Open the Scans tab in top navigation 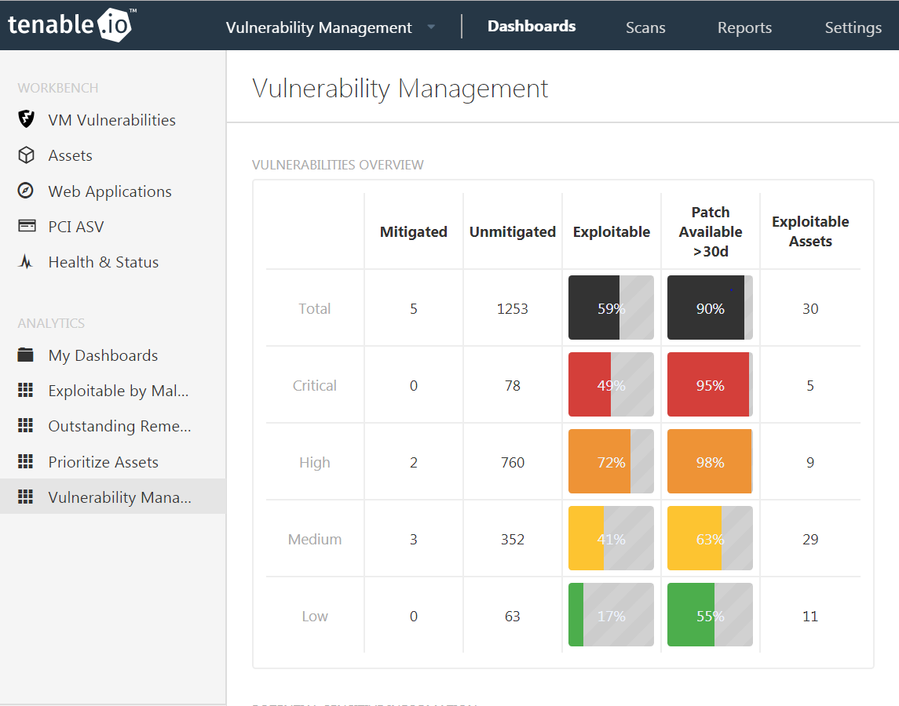pyautogui.click(x=645, y=27)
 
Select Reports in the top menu pyautogui.click(x=744, y=27)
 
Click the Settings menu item pyautogui.click(x=853, y=27)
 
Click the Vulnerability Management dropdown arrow pyautogui.click(x=431, y=27)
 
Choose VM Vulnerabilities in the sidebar pyautogui.click(x=111, y=120)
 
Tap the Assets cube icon pyautogui.click(x=26, y=155)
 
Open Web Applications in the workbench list pyautogui.click(x=109, y=191)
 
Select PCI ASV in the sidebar pyautogui.click(x=75, y=227)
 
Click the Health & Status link pyautogui.click(x=103, y=262)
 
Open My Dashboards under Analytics pyautogui.click(x=103, y=355)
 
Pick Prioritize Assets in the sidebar pyautogui.click(x=103, y=462)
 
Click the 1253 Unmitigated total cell pyautogui.click(x=513, y=309)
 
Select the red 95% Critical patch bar pyautogui.click(x=709, y=385)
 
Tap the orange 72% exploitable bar pyautogui.click(x=611, y=462)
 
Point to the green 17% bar pyautogui.click(x=611, y=616)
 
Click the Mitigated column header pyautogui.click(x=414, y=231)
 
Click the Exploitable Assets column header pyautogui.click(x=810, y=231)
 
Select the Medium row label pyautogui.click(x=314, y=539)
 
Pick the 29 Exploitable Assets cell pyautogui.click(x=810, y=539)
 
